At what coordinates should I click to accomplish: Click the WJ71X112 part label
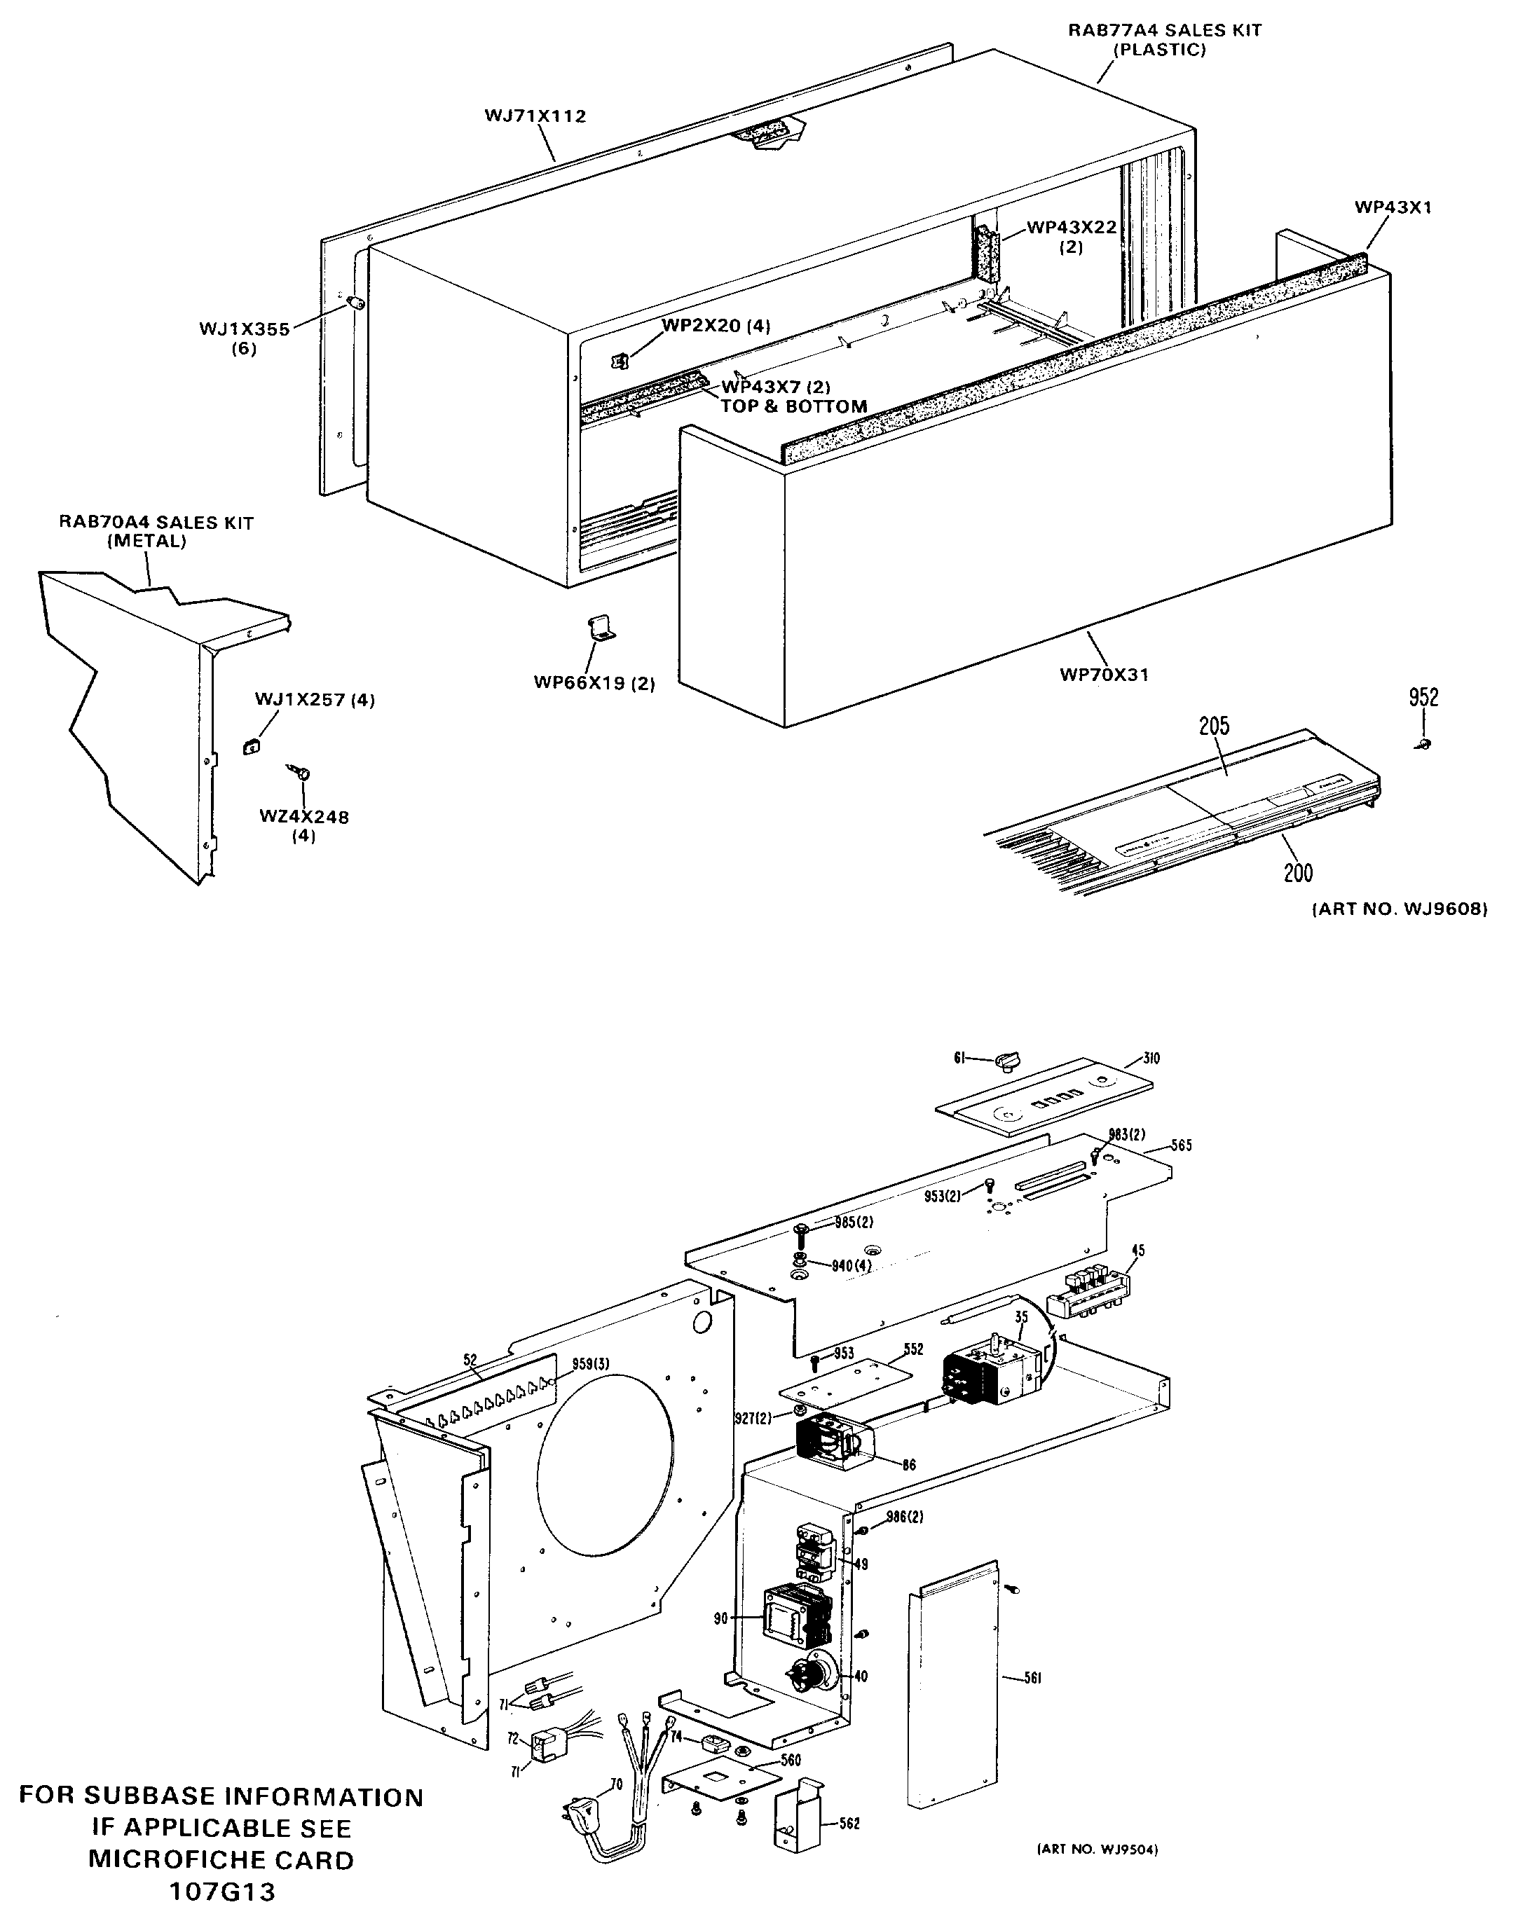tap(535, 116)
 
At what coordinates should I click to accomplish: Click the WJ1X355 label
tap(244, 329)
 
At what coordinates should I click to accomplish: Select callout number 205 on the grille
tap(1215, 726)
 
